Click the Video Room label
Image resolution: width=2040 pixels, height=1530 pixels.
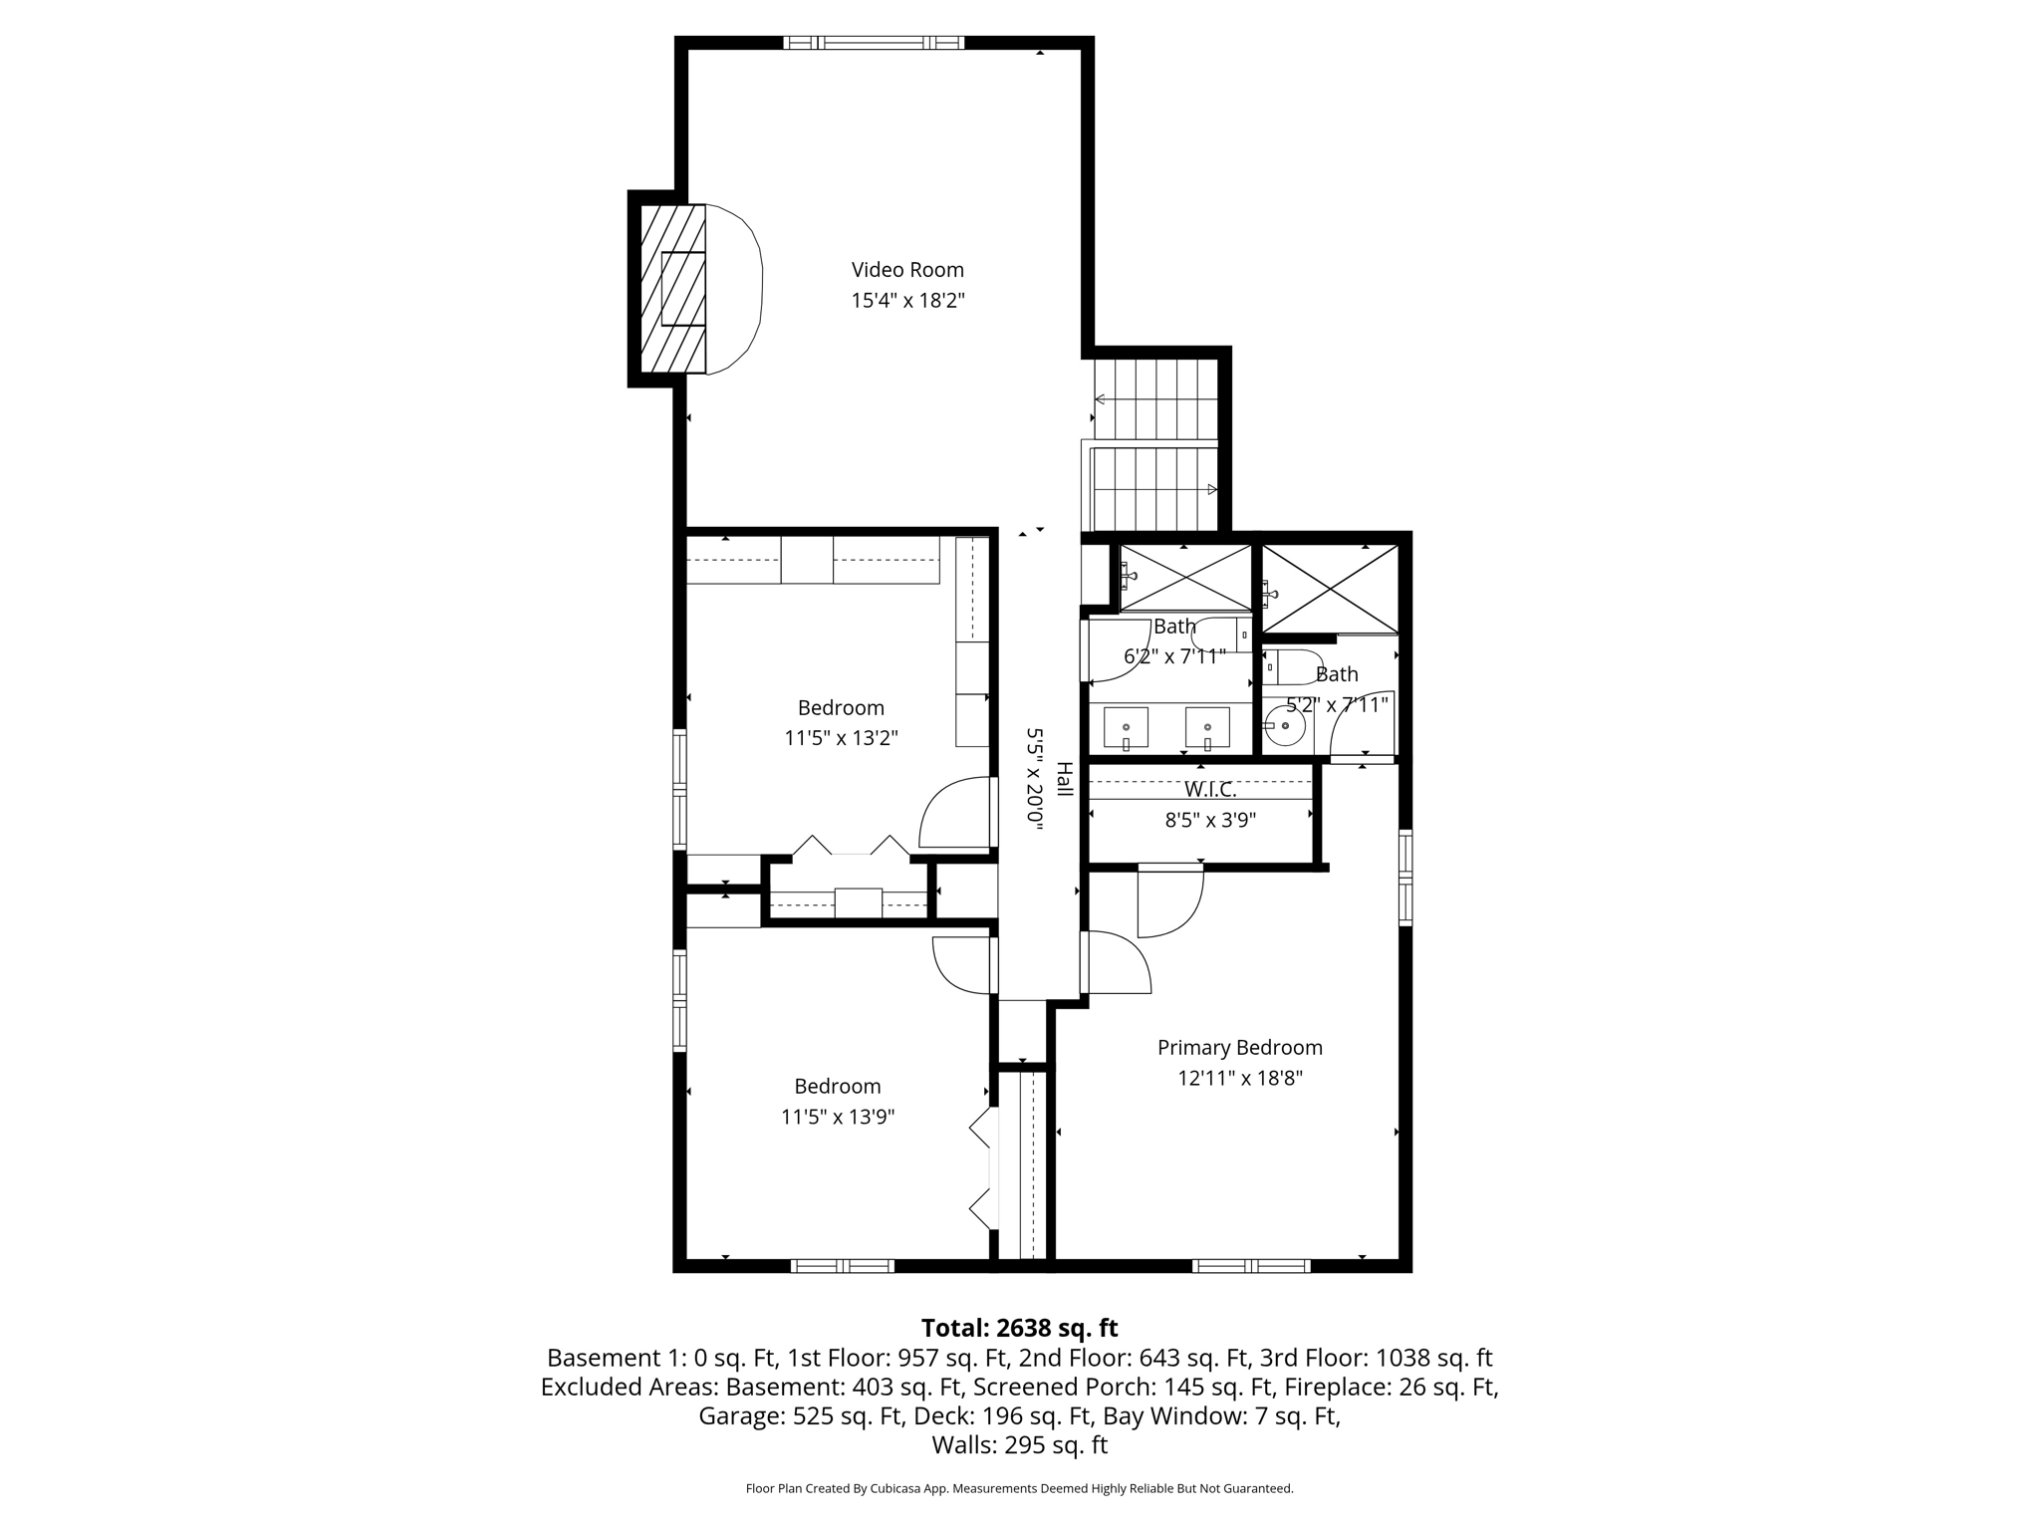(x=907, y=269)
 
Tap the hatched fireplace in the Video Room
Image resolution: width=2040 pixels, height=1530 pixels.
(x=672, y=289)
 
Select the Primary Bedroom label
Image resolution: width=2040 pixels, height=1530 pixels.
(x=1239, y=1047)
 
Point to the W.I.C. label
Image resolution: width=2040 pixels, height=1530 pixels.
(x=1210, y=790)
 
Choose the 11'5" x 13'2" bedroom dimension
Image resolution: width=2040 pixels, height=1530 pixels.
(x=841, y=738)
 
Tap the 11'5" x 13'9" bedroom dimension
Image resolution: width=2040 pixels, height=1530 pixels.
(x=838, y=1117)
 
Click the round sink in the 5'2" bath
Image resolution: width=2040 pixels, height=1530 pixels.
(x=1286, y=726)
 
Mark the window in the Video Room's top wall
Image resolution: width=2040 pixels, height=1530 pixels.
(x=873, y=43)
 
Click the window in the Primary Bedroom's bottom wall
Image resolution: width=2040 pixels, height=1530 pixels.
(x=1250, y=1266)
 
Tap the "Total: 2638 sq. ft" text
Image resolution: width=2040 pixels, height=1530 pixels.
(x=1019, y=1328)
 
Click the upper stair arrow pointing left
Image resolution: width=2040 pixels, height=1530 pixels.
(x=1100, y=399)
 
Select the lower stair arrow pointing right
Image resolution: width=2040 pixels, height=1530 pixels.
(x=1211, y=489)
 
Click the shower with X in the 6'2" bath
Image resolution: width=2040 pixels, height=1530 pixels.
(x=1185, y=577)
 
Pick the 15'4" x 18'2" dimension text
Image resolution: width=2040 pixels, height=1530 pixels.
(x=907, y=300)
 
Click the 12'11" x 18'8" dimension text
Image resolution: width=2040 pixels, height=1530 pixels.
(x=1239, y=1078)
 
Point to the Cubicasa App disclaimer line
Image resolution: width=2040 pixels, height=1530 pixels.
(x=1019, y=1488)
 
